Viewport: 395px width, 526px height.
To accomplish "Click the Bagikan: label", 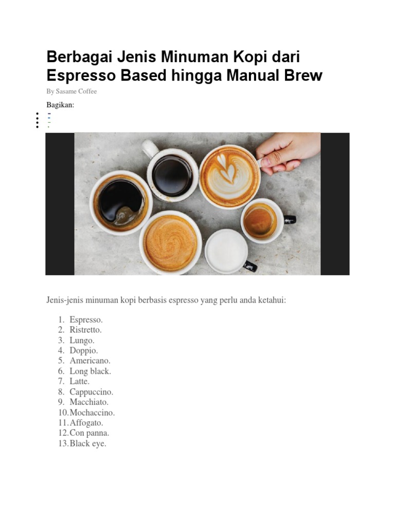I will coord(60,105).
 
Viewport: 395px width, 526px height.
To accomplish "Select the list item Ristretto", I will coord(86,330).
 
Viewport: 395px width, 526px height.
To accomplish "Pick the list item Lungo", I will coord(82,340).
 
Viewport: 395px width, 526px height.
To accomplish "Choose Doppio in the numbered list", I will coord(84,350).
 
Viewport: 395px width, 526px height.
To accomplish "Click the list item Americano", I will coord(90,361).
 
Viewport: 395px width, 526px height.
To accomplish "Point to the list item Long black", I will coord(91,371).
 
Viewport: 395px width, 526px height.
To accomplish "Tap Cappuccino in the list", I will coord(92,392).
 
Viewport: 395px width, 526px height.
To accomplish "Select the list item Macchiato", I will coord(89,402).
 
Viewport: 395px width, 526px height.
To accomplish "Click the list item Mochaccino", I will coord(92,412).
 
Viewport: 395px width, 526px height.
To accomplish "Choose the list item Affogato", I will coord(86,423).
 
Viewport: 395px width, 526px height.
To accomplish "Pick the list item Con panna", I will coord(89,433).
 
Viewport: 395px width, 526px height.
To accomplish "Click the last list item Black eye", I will coord(88,443).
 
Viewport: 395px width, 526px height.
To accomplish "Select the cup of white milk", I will coord(226,251).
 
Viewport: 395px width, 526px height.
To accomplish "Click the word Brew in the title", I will coord(303,76).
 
